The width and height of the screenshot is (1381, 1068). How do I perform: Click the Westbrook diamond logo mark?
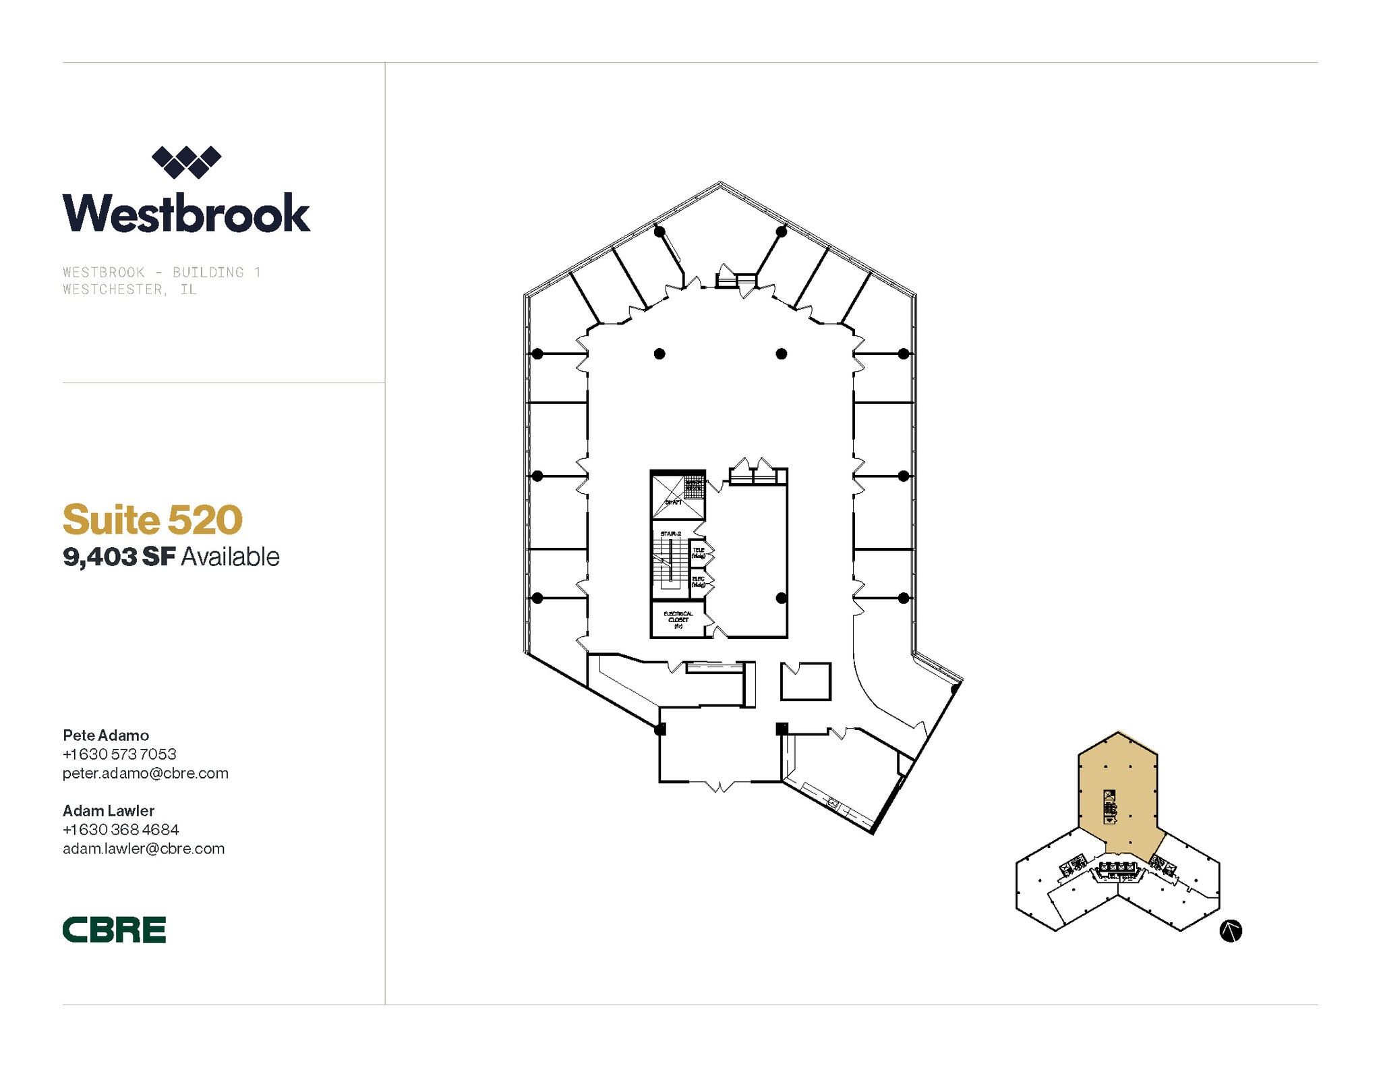tap(186, 162)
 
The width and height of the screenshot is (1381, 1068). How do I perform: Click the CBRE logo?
tap(114, 929)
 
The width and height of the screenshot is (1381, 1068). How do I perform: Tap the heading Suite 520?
tap(152, 519)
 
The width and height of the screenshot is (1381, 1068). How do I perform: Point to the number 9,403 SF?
tap(119, 557)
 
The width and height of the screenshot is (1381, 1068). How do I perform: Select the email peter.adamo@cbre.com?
tap(146, 773)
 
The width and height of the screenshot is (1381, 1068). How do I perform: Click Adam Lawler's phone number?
tap(121, 829)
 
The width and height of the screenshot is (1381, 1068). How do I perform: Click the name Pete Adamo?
tap(106, 735)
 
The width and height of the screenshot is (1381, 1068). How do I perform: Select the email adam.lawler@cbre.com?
tap(144, 849)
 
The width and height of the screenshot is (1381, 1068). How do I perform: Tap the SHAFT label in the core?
tap(673, 502)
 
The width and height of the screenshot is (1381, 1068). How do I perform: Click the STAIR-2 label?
tap(670, 534)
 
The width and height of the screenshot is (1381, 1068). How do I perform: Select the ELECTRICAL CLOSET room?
tap(678, 620)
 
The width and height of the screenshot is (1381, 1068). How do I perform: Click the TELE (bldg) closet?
tap(698, 553)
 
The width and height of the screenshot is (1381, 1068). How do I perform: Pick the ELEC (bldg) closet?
tap(698, 582)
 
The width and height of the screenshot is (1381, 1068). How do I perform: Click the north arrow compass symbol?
tap(1231, 931)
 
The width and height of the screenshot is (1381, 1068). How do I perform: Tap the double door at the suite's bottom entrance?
tap(720, 785)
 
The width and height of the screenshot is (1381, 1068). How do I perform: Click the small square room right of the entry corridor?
tap(806, 681)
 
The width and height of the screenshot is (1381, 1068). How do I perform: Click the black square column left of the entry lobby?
tap(660, 729)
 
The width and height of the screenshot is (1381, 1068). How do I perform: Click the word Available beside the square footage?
tap(230, 557)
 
